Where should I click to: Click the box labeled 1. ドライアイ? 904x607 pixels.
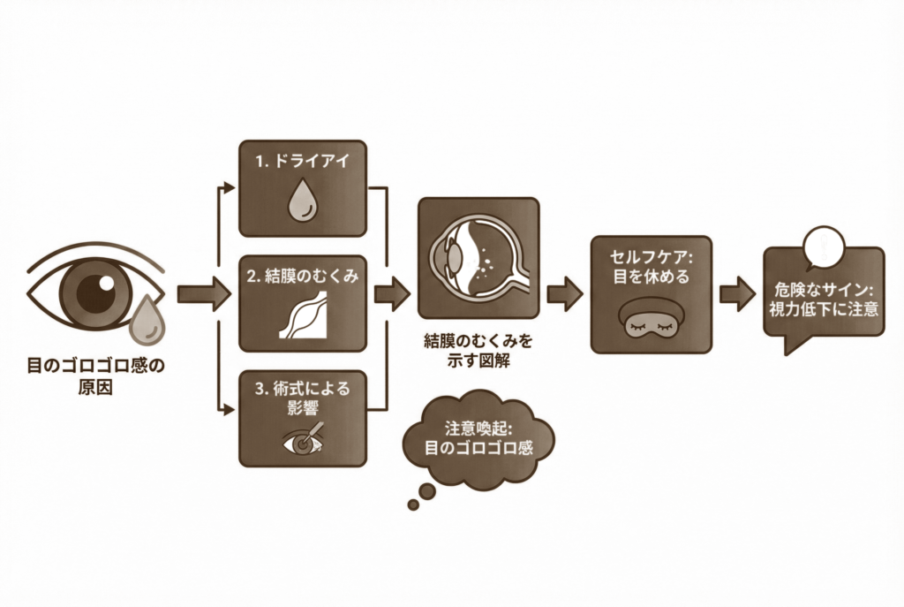[x=302, y=188]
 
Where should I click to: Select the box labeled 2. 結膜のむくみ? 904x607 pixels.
[x=302, y=302]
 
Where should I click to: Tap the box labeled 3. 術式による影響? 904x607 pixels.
[x=302, y=418]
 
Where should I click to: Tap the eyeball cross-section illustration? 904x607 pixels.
[x=478, y=257]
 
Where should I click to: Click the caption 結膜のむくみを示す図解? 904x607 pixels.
[x=478, y=350]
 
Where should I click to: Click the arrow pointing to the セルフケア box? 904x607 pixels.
[x=564, y=292]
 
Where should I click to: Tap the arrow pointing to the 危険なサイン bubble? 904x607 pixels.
[x=736, y=292]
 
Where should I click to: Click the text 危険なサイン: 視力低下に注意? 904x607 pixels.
[x=825, y=300]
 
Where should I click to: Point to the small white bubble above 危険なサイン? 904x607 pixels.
[x=826, y=246]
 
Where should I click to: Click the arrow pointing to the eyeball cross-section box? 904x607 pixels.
[x=392, y=293]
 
